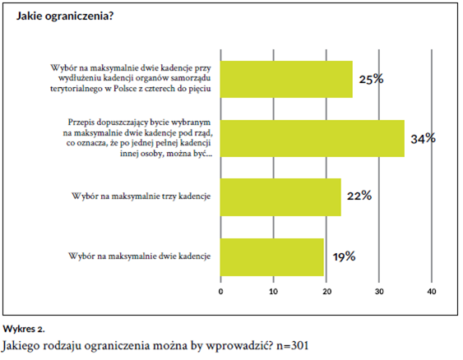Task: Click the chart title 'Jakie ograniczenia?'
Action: coord(65,16)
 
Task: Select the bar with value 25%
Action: coord(286,79)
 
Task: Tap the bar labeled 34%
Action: coord(313,138)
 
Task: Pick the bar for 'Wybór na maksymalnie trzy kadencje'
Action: coord(280,197)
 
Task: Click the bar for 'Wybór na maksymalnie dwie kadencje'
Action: coord(272,257)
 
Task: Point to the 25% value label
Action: coord(371,79)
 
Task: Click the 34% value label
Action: coord(424,138)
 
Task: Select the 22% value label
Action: coord(359,196)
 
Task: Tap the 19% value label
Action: coord(345,256)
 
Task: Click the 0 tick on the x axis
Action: coord(221,292)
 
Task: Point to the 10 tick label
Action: coord(273,292)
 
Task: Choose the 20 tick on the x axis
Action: coord(326,292)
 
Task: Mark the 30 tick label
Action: coord(379,292)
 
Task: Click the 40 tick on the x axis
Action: coord(432,292)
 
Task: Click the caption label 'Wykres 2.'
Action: coord(24,329)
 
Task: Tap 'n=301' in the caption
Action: coord(292,345)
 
